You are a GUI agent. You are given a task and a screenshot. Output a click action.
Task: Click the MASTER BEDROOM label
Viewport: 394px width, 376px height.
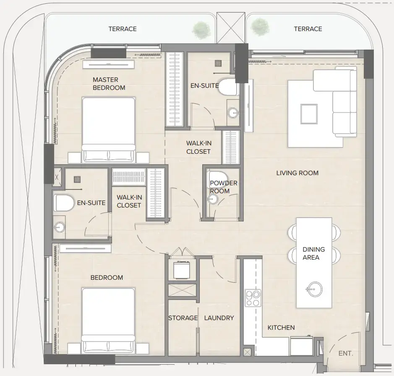109,84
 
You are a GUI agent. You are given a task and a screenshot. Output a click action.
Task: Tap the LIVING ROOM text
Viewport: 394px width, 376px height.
297,173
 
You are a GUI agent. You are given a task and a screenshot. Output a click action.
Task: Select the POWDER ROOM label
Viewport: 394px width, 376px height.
223,187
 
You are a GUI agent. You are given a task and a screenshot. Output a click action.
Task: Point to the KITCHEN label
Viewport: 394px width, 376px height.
281,327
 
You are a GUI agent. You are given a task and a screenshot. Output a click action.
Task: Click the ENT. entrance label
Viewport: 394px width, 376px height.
346,354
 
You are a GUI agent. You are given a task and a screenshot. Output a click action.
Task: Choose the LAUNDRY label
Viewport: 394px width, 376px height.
219,318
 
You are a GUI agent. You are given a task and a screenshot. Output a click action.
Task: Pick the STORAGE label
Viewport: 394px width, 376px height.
183,318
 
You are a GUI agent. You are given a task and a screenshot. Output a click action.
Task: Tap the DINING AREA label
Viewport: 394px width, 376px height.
311,253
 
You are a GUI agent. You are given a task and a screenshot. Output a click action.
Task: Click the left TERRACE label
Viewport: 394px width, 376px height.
123,29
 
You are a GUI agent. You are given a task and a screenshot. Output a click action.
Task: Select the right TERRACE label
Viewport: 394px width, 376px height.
308,29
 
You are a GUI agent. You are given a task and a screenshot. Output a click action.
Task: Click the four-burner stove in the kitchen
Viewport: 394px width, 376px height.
253,298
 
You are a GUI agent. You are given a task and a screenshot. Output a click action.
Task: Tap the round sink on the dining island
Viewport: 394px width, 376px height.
314,289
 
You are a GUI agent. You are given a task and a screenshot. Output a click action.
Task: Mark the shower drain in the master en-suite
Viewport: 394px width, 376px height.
218,63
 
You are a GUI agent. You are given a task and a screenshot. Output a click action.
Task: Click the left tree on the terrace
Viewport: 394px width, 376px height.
201,29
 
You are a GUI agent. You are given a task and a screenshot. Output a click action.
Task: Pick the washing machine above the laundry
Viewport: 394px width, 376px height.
182,270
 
